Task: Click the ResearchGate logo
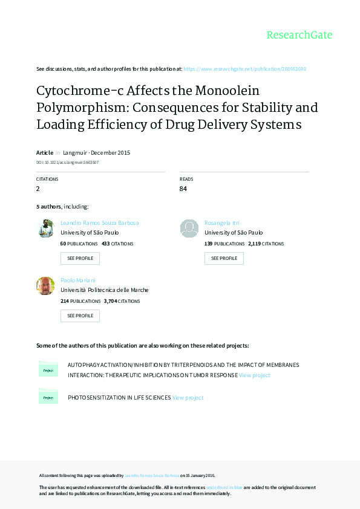[x=299, y=35]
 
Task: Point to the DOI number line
[x=67, y=163]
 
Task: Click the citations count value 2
[x=38, y=189]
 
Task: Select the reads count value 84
[x=183, y=189]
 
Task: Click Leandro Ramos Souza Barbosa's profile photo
[x=45, y=228]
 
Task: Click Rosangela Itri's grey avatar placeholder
[x=189, y=228]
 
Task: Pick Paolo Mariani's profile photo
[x=45, y=285]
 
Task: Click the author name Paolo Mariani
[x=78, y=280]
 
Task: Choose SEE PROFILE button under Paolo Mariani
[x=80, y=316]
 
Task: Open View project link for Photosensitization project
[x=188, y=398]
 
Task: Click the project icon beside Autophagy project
[x=48, y=369]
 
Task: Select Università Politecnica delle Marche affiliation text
[x=105, y=290]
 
